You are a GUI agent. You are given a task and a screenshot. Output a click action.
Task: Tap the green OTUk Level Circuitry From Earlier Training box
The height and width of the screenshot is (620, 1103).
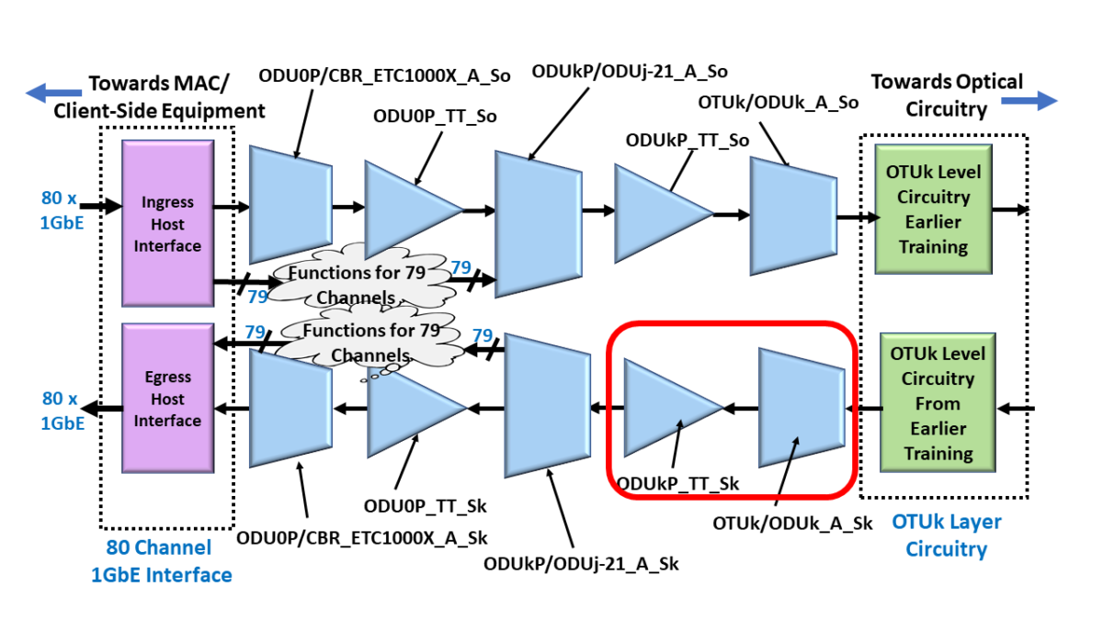(937, 403)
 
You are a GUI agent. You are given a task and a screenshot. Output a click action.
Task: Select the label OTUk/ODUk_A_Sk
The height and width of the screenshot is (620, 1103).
(792, 524)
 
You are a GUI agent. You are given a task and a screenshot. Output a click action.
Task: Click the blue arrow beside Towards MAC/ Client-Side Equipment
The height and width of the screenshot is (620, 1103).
(53, 93)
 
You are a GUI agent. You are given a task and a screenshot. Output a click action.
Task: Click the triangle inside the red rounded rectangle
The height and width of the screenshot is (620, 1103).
(666, 407)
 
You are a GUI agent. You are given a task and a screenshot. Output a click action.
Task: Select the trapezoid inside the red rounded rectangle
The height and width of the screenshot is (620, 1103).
(801, 407)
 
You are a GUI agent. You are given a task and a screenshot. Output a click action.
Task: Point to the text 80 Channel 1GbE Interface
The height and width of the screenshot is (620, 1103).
(161, 561)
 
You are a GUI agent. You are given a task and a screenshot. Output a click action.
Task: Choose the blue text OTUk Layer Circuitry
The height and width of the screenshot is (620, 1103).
(947, 535)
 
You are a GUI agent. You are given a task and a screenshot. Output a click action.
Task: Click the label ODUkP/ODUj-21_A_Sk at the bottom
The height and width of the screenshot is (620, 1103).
(581, 563)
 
